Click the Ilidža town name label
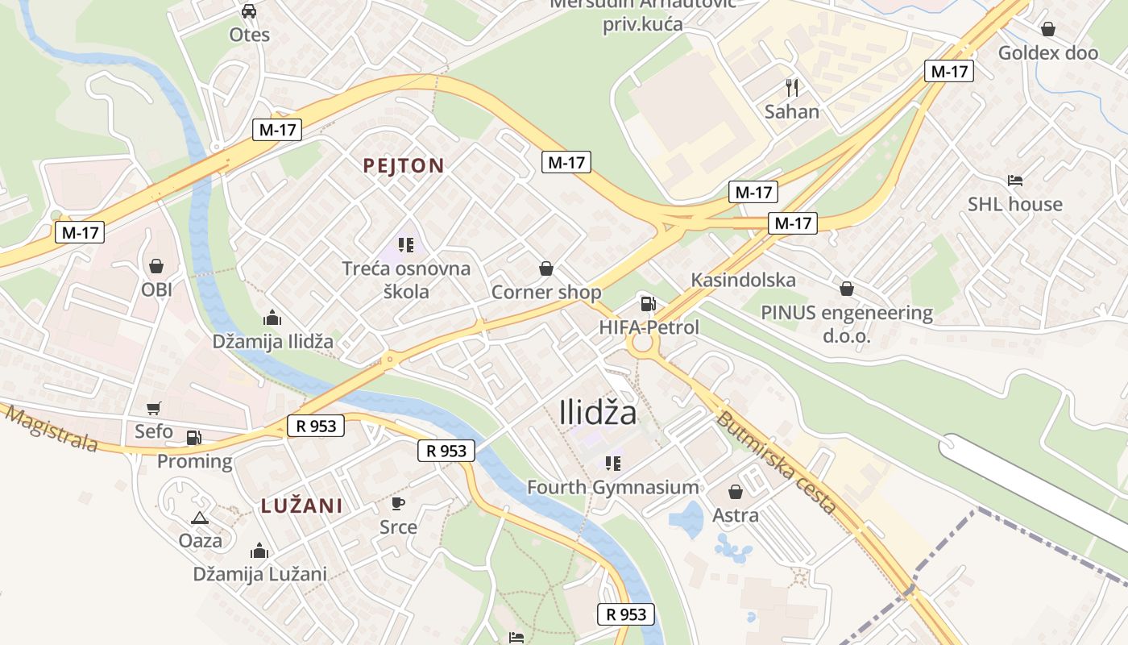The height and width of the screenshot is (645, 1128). tap(598, 413)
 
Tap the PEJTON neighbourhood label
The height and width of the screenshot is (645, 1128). tap(403, 166)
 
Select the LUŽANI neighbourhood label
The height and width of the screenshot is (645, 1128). tap(301, 506)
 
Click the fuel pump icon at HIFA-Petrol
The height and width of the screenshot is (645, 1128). tap(647, 304)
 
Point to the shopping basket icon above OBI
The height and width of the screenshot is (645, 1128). tap(156, 265)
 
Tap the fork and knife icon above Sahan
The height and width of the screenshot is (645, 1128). tap(792, 87)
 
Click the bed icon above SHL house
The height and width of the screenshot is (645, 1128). tap(1014, 180)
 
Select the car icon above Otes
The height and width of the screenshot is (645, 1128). tap(249, 11)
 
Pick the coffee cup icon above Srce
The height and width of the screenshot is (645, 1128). tap(398, 503)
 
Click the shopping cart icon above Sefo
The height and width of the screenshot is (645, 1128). tap(153, 409)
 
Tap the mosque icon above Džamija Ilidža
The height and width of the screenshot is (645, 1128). tap(272, 318)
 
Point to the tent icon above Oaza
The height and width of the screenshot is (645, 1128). tap(200, 517)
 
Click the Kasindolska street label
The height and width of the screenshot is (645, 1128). tap(743, 280)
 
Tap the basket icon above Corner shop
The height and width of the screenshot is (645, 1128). tap(546, 268)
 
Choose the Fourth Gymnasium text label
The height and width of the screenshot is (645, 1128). tap(613, 487)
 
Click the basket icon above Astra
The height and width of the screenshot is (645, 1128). tap(736, 491)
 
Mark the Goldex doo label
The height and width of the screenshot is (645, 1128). tap(1047, 53)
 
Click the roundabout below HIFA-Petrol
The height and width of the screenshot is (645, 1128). tap(643, 344)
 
